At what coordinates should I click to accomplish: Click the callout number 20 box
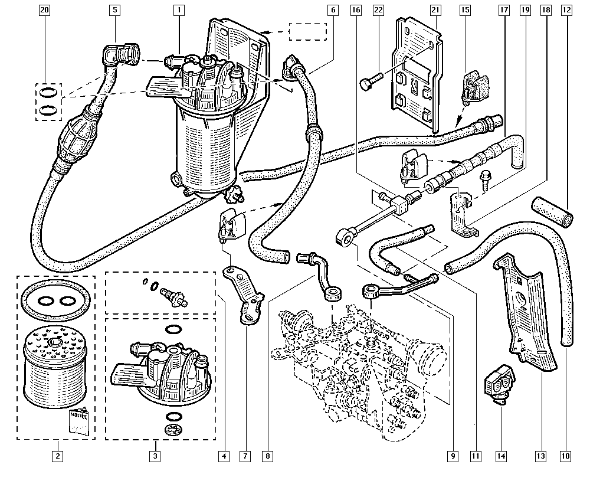coord(44,10)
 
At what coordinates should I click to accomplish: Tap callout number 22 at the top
coord(378,10)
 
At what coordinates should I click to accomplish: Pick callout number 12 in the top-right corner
coord(566,10)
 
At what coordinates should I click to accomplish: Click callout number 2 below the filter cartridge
coord(57,456)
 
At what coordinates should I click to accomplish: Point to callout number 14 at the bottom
coord(501,456)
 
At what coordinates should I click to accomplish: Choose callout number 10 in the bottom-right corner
coord(566,456)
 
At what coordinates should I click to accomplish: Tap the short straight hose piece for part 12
coord(552,211)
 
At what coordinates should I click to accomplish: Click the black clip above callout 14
coord(499,383)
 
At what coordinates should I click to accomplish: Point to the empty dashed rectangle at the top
coord(307,32)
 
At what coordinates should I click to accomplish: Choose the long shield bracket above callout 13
coord(527,313)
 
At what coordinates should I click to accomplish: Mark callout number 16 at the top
coord(355,10)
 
